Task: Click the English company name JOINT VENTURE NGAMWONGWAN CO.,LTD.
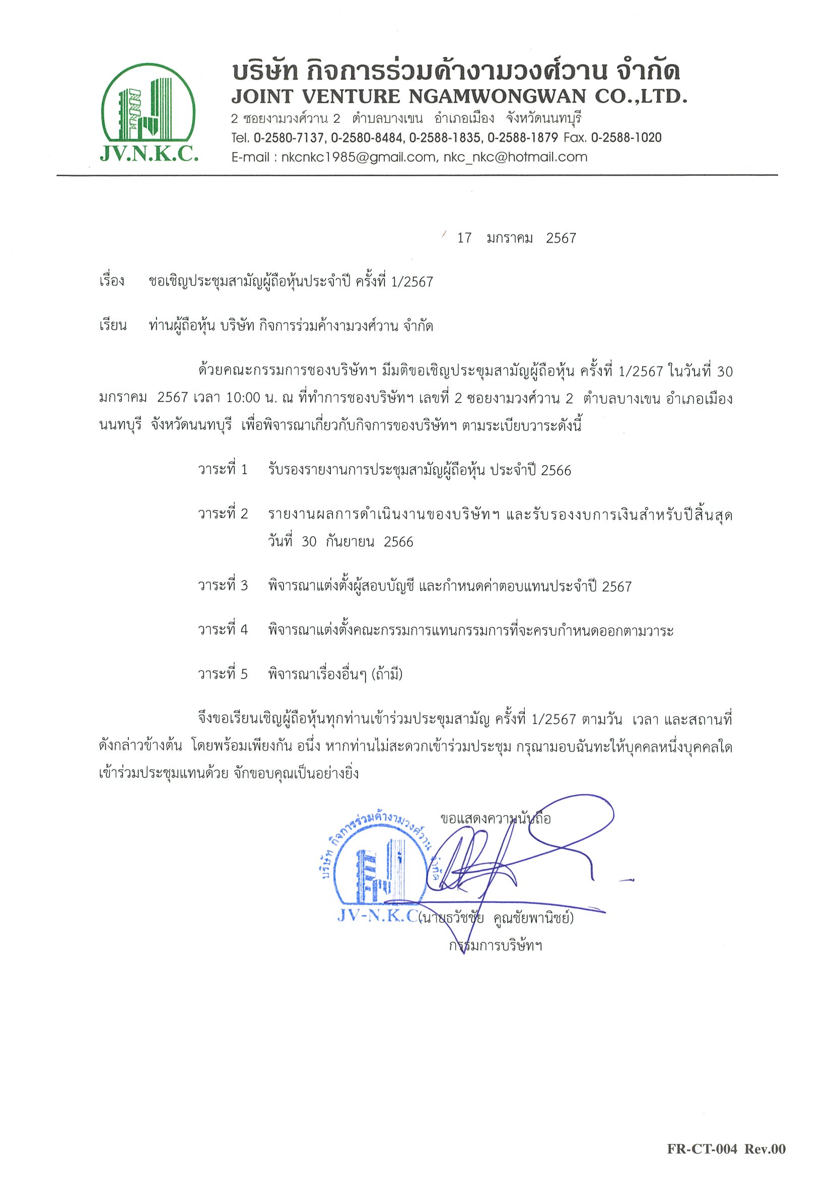458,97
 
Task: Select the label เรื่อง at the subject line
111,282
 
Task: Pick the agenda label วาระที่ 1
223,470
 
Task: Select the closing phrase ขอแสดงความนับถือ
495,819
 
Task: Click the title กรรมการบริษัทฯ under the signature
495,945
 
